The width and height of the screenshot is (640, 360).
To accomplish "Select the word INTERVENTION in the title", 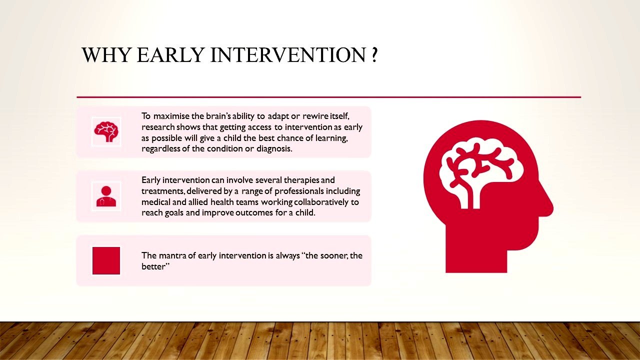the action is pos(288,54).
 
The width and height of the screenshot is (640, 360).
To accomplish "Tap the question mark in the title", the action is pos(375,54).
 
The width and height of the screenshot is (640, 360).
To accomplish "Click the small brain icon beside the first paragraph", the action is pos(106,131).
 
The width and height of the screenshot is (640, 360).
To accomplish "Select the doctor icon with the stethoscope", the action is pos(106,196).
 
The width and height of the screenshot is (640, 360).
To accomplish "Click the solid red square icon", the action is pos(106,260).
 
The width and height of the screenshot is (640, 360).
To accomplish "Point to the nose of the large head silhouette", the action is pos(549,207).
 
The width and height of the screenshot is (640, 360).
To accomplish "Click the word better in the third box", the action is pos(153,266).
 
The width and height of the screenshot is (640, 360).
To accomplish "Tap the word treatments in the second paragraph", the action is pos(163,191).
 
